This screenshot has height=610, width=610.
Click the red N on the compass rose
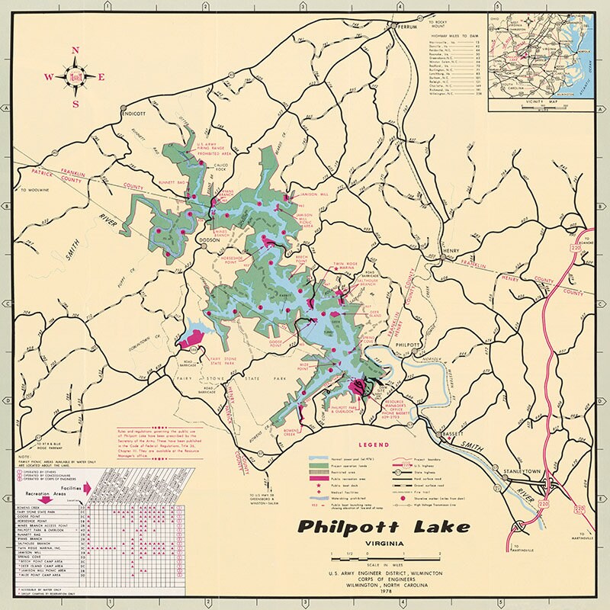tap(75, 51)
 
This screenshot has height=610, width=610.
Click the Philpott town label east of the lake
tap(406, 345)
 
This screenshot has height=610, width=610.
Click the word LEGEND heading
tap(376, 445)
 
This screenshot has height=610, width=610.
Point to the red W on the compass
tap(48, 77)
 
